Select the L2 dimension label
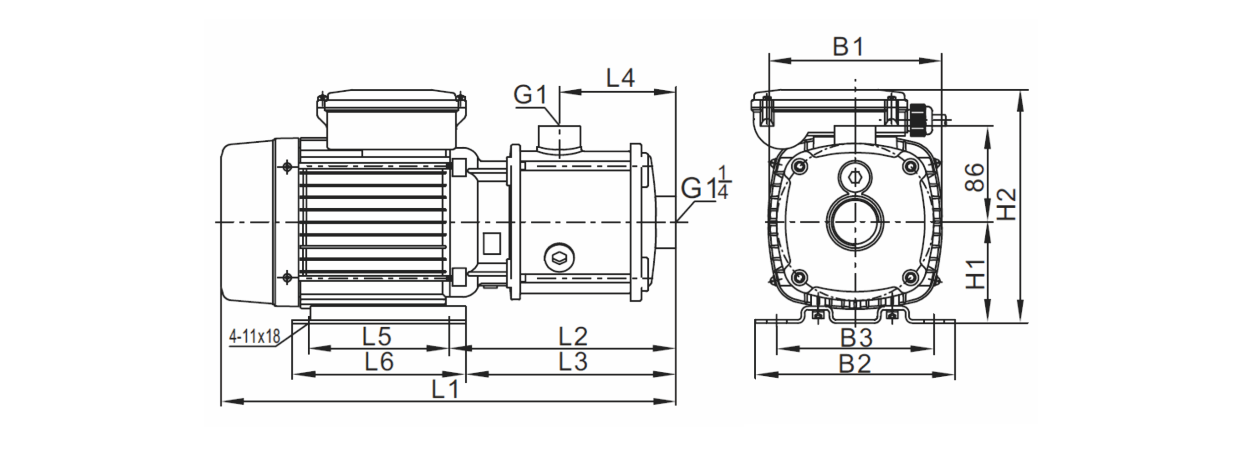click(573, 337)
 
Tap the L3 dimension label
click(573, 362)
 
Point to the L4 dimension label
click(620, 78)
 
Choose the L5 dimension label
click(377, 337)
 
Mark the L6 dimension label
click(379, 362)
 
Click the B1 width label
click(848, 47)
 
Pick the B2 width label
click(855, 364)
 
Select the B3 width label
click(856, 338)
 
